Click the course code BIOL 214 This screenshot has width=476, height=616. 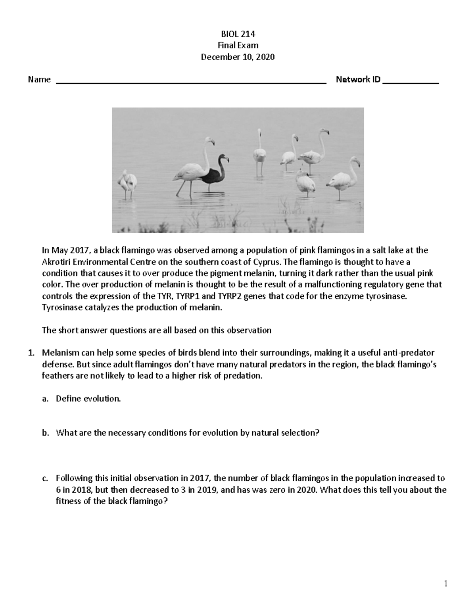click(x=238, y=34)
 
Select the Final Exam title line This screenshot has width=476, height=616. click(x=238, y=45)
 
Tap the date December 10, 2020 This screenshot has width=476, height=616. click(x=238, y=57)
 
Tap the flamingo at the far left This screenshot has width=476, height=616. click(x=127, y=183)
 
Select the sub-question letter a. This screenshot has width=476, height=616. click(x=45, y=399)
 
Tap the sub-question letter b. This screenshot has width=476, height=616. click(x=45, y=433)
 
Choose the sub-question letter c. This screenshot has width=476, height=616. click(x=45, y=478)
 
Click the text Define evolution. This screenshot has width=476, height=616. click(x=88, y=399)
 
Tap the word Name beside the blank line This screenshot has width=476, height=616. click(x=39, y=79)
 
